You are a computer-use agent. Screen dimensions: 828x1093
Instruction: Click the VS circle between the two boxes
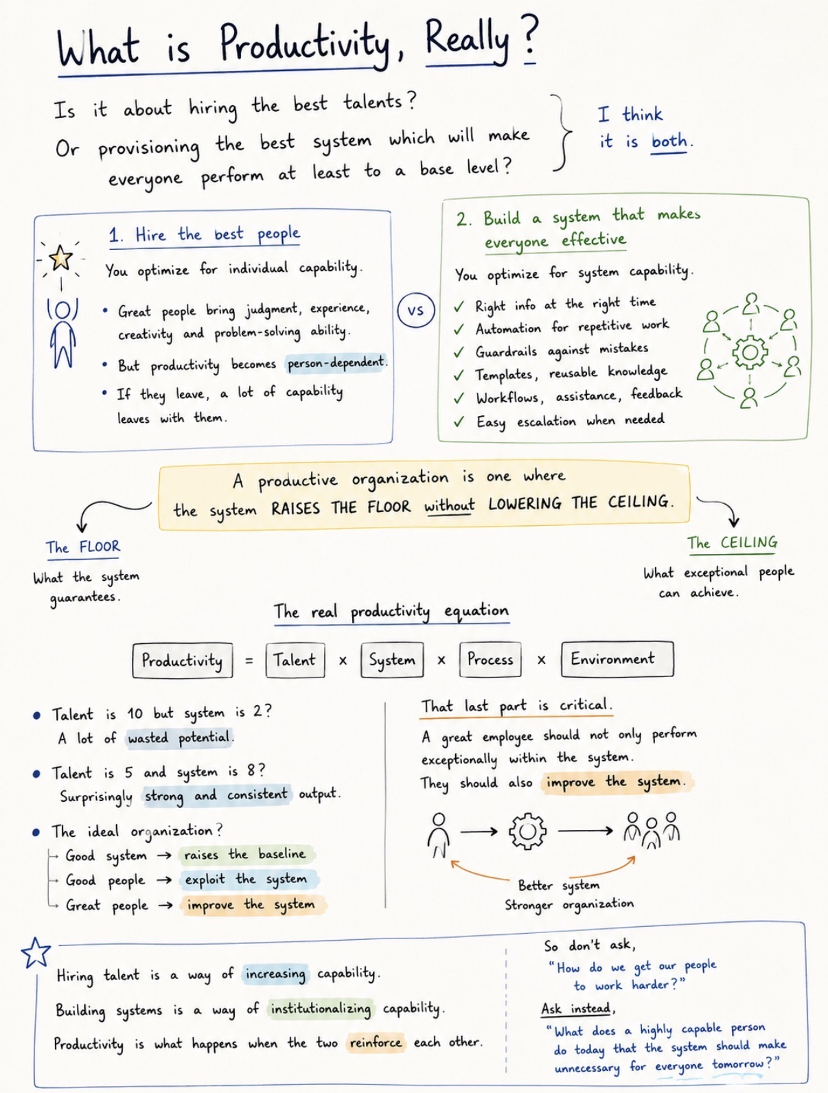(416, 311)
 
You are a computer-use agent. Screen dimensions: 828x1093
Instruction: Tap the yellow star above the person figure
(60, 257)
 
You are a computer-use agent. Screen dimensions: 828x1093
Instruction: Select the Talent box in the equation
(295, 660)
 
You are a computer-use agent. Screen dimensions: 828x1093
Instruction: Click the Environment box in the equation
(617, 659)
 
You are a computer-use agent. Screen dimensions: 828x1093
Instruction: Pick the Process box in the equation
(490, 659)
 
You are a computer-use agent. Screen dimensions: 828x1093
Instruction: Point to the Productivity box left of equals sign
(182, 660)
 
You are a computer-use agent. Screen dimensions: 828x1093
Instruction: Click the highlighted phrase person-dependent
(336, 363)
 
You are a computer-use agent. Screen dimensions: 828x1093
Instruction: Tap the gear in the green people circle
(750, 353)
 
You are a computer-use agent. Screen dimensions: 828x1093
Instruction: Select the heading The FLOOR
(83, 546)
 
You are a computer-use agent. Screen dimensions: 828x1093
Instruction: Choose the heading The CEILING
(733, 543)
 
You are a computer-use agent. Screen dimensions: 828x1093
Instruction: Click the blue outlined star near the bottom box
(36, 952)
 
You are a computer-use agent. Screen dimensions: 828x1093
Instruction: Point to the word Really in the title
(467, 41)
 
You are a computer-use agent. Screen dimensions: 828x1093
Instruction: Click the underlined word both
(669, 141)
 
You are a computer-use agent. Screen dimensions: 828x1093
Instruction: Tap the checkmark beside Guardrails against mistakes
(459, 352)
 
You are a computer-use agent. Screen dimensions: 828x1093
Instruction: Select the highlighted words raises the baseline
(245, 855)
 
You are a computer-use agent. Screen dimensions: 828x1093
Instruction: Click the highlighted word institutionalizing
(321, 1009)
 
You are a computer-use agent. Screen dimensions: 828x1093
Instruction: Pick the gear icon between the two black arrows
(527, 831)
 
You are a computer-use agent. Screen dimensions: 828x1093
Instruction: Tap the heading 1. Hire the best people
(205, 234)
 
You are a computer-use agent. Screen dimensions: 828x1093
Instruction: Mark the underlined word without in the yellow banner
(450, 506)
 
